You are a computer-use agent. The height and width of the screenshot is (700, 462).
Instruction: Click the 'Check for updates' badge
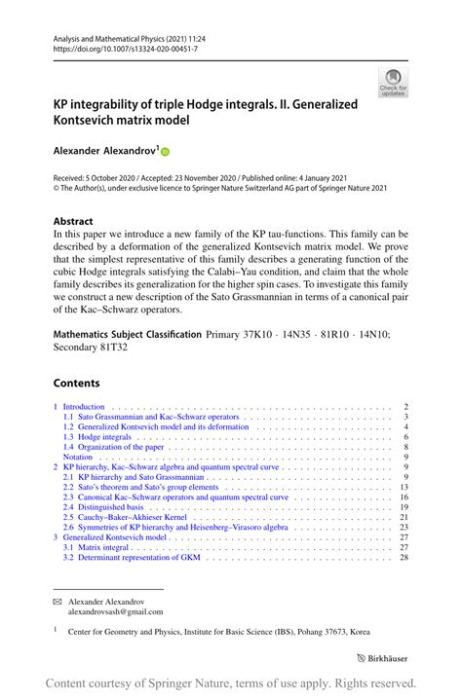pyautogui.click(x=393, y=83)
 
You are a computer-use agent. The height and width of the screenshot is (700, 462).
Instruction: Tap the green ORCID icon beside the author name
pyautogui.click(x=165, y=152)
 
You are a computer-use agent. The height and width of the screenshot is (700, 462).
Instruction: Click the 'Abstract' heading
pyautogui.click(x=74, y=221)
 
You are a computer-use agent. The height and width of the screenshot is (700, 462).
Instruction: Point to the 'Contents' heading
pyautogui.click(x=76, y=384)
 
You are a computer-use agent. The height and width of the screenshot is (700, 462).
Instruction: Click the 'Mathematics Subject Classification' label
pyautogui.click(x=127, y=334)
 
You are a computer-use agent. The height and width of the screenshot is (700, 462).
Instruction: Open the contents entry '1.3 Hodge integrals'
pyautogui.click(x=97, y=438)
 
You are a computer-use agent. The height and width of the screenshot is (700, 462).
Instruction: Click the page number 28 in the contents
pyautogui.click(x=404, y=558)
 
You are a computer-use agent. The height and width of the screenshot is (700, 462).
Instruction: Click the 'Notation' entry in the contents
pyautogui.click(x=78, y=456)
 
